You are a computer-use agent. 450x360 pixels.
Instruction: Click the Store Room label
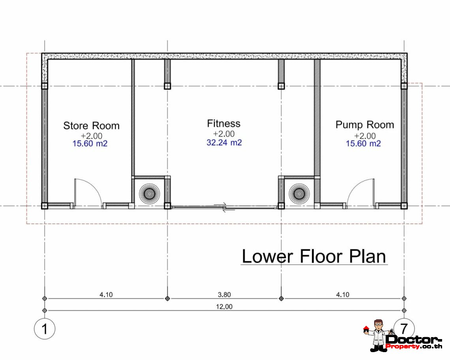91,126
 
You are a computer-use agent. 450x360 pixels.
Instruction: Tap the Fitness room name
224,124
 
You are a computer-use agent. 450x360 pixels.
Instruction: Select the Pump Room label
365,125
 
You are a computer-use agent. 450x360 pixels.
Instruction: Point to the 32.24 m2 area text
224,142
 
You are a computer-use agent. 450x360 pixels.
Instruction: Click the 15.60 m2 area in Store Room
90,144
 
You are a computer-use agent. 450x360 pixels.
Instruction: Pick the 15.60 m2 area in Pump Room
363,144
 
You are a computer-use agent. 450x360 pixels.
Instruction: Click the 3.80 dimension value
224,294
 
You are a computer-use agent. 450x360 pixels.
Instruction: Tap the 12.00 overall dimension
224,307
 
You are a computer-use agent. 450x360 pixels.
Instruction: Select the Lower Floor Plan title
314,256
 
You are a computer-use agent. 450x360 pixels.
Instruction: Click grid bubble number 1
45,328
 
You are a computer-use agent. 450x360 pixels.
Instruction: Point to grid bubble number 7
404,328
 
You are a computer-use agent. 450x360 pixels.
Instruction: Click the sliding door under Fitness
225,207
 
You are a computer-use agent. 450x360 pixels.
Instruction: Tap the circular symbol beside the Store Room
149,193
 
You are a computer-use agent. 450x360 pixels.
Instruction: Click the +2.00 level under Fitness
224,134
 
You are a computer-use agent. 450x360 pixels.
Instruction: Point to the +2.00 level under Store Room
92,135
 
